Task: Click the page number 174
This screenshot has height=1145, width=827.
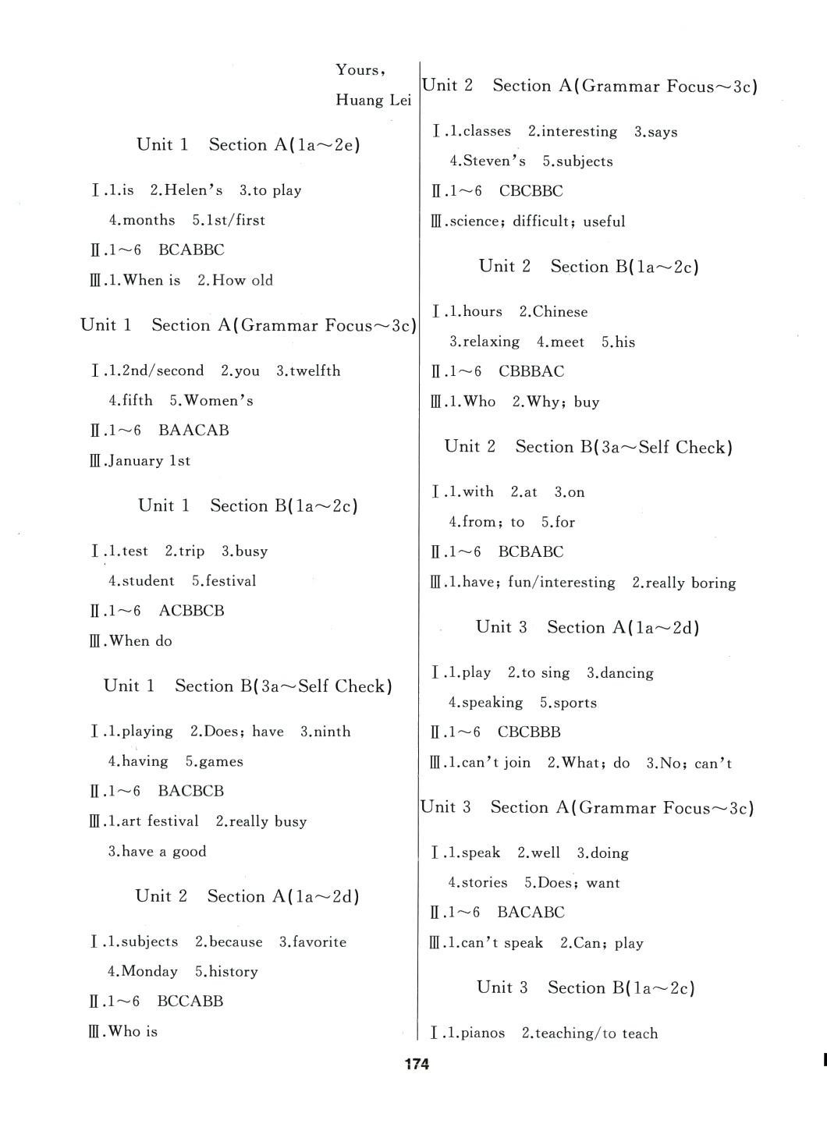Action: (417, 1064)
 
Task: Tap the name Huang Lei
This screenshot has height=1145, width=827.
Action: (373, 100)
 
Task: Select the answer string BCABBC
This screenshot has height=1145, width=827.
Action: (191, 250)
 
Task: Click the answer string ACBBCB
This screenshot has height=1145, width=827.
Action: (191, 611)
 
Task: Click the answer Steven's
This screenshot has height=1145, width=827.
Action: (494, 161)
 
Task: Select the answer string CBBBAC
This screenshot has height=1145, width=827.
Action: (531, 371)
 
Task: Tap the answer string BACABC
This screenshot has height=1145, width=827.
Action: (531, 913)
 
